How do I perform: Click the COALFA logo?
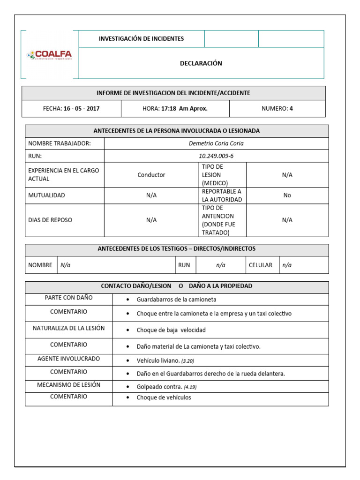(x=50, y=55)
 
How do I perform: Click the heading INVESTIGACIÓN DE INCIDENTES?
(x=141, y=39)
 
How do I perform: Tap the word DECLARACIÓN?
(x=201, y=63)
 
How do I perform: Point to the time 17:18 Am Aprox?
(x=184, y=109)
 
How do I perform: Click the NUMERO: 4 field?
(x=277, y=109)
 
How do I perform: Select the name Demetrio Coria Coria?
(x=216, y=143)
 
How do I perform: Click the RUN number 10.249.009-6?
(x=216, y=156)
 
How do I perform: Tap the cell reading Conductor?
(x=151, y=175)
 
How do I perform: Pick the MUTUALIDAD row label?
(x=46, y=195)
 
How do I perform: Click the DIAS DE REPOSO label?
(x=50, y=220)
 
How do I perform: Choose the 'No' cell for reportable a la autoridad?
(x=287, y=195)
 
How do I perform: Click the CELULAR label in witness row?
(x=261, y=265)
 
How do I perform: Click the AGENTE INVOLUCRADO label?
(x=68, y=359)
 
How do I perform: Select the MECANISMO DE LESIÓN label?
(x=68, y=385)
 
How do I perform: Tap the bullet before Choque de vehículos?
(x=128, y=398)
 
